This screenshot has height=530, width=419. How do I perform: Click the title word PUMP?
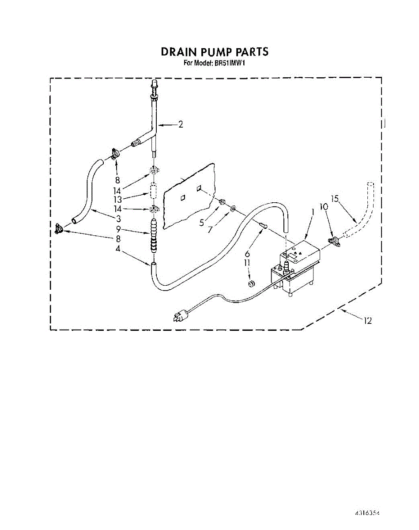tap(211, 52)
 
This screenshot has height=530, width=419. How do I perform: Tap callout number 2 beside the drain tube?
tap(181, 125)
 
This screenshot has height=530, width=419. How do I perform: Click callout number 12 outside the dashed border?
tap(367, 321)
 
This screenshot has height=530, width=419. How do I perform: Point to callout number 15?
tap(335, 199)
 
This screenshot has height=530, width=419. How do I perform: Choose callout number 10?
tap(324, 206)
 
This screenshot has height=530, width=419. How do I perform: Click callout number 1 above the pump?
tap(313, 212)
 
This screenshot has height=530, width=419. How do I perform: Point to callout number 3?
tap(118, 219)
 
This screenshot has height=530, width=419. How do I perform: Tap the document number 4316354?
tap(368, 514)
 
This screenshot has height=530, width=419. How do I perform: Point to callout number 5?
tap(201, 223)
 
